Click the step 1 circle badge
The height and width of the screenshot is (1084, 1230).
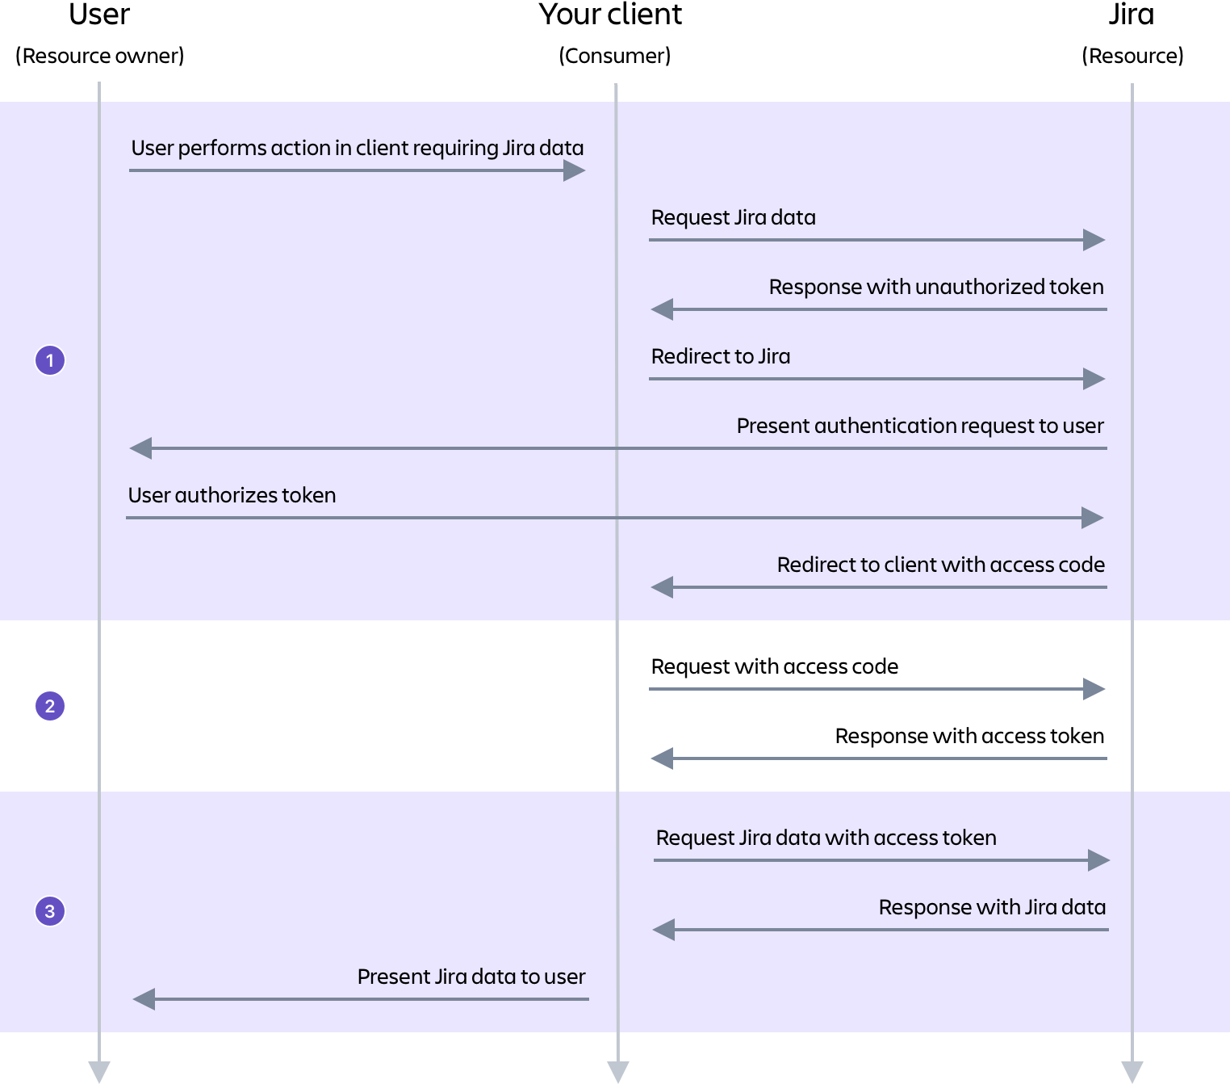[x=50, y=360]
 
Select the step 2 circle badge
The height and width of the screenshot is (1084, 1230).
[x=50, y=706]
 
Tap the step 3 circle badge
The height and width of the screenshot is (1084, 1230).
[x=50, y=911]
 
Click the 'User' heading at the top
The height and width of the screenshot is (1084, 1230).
[x=99, y=15]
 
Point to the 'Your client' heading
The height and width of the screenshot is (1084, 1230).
[x=610, y=15]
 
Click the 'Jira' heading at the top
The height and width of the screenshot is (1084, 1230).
[x=1131, y=15]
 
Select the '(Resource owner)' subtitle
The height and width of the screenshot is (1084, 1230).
[x=99, y=56]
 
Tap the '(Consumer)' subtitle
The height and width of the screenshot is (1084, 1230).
[x=614, y=56]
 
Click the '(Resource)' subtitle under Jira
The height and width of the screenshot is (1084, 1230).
[x=1132, y=56]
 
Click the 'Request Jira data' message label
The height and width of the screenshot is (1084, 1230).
[x=733, y=217]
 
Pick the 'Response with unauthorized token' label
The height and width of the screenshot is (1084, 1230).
[x=935, y=287]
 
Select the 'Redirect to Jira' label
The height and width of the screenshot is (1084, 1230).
[x=720, y=356]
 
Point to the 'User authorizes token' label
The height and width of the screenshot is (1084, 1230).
[x=232, y=495]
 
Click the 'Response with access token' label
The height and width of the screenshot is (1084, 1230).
[x=969, y=736]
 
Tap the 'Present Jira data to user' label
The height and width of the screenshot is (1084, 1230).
[x=471, y=977]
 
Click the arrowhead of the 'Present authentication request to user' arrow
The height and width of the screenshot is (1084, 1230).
[x=141, y=448]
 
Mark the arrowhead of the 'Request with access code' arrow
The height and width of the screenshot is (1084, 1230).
[x=1094, y=689]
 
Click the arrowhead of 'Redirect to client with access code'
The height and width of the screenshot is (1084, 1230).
[x=663, y=587]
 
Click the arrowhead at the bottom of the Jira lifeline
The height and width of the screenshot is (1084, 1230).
[x=1132, y=1071]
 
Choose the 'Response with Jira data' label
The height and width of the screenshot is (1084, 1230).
[x=991, y=907]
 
